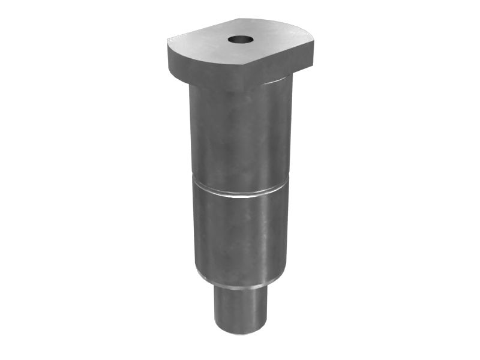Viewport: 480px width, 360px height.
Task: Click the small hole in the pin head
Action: click(x=241, y=40)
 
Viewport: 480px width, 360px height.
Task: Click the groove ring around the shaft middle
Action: click(x=240, y=194)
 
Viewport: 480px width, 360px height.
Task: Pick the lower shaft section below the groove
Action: click(x=240, y=240)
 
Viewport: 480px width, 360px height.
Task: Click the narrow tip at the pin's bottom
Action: click(x=240, y=309)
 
